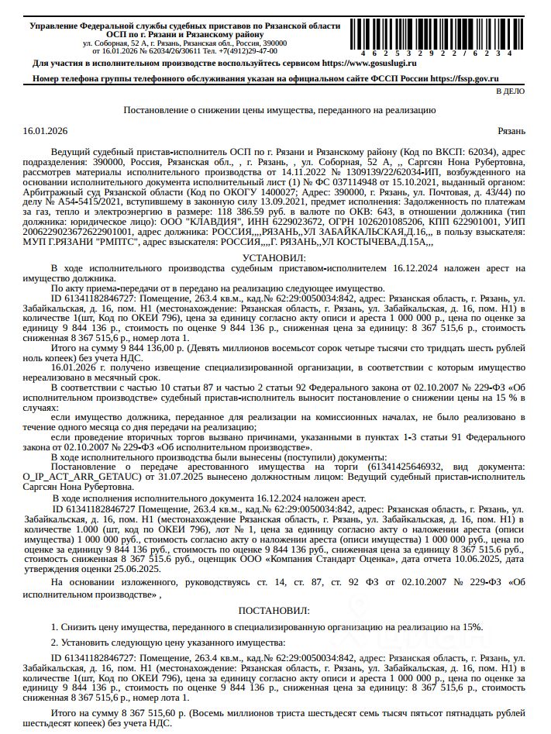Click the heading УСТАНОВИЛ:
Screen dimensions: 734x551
(274, 257)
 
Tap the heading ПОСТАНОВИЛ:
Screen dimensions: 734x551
(274, 612)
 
